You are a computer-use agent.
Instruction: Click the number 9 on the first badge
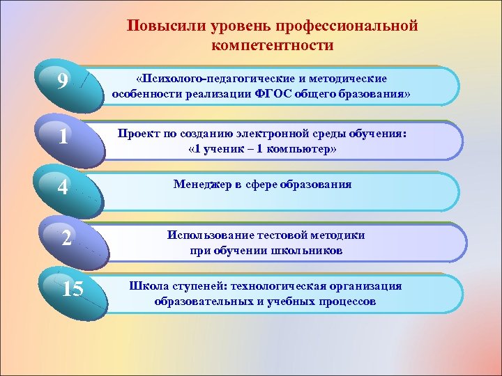point(63,83)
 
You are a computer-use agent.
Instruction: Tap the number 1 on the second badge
point(63,136)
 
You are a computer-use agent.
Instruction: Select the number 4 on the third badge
point(63,189)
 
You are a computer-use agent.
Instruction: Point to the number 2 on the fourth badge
point(65,238)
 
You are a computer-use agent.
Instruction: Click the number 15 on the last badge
point(72,289)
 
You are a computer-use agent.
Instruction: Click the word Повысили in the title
point(155,26)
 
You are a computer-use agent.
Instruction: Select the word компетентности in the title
point(272,46)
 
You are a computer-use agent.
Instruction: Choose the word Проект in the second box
point(137,132)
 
